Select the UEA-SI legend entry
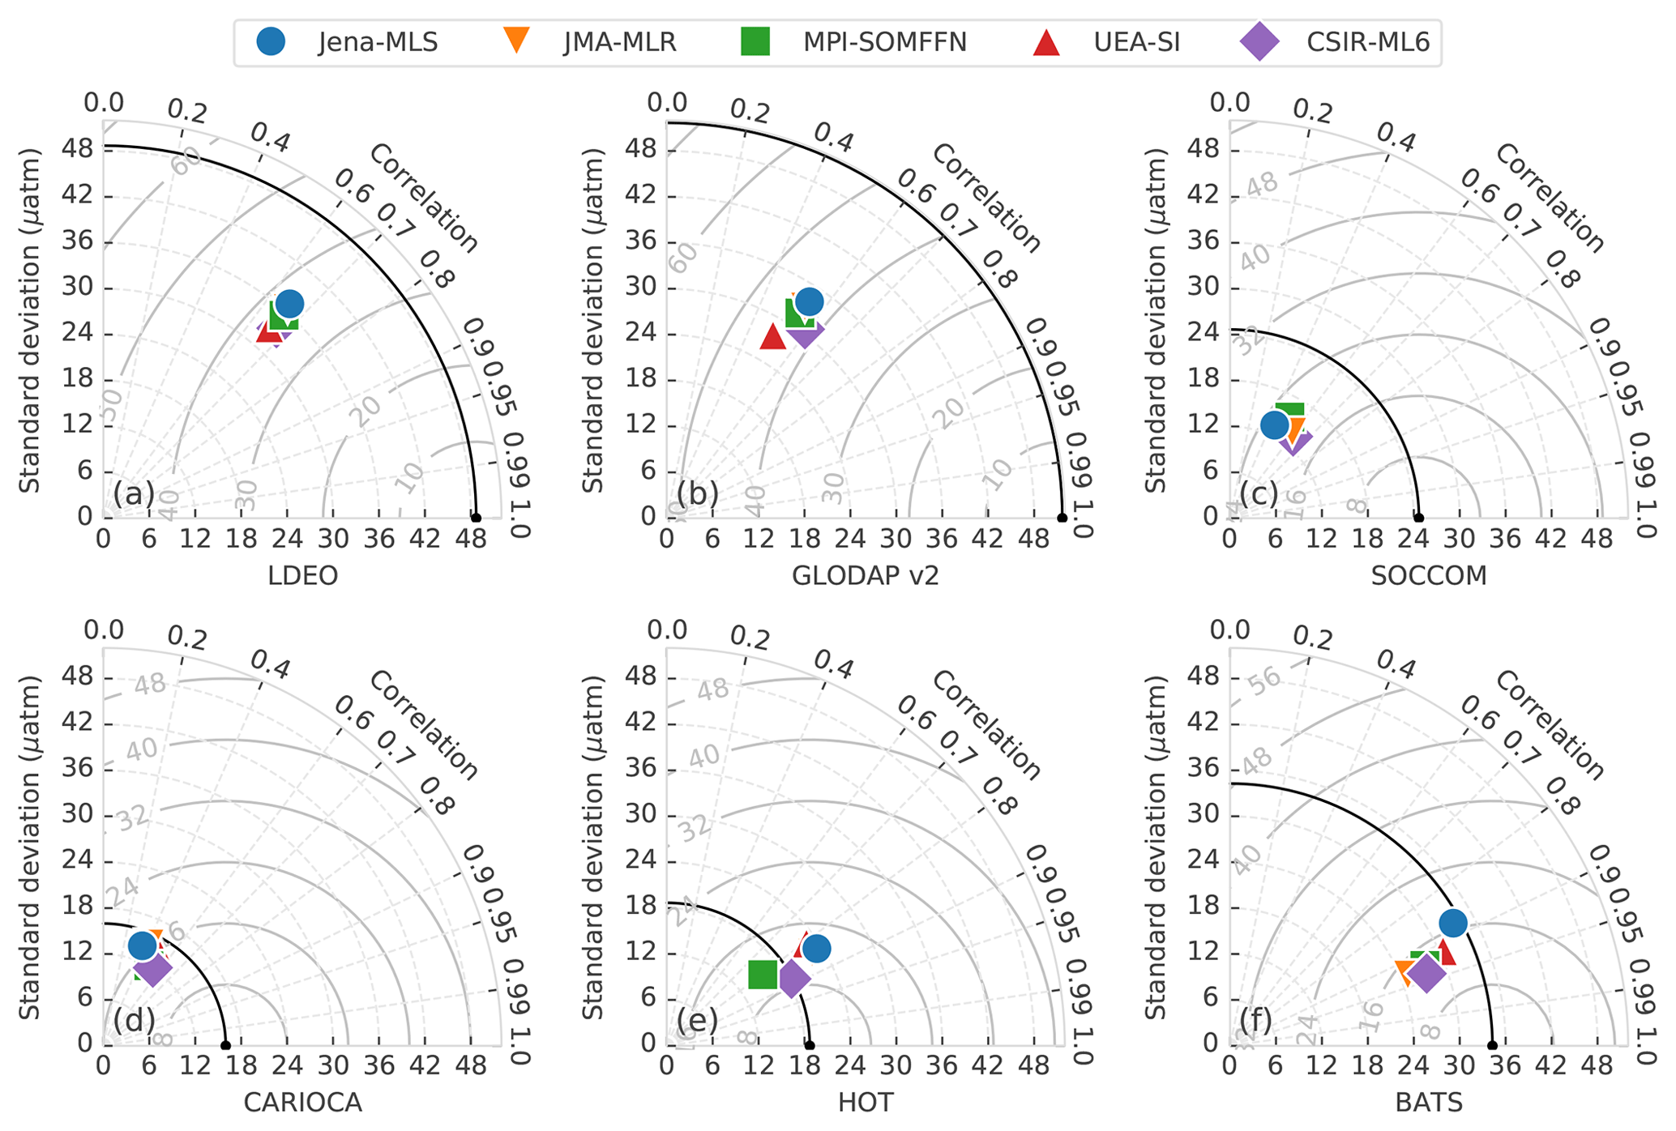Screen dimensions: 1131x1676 pyautogui.click(x=1107, y=41)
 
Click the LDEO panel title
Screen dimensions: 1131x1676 pyautogui.click(x=302, y=575)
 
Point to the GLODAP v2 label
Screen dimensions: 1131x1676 pyautogui.click(x=865, y=575)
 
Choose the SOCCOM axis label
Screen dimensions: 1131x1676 pyautogui.click(x=1429, y=575)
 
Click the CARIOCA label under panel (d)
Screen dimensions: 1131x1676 pyautogui.click(x=302, y=1103)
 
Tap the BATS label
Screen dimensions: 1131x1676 pyautogui.click(x=1429, y=1103)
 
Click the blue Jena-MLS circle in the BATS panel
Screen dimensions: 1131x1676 pyautogui.click(x=1452, y=923)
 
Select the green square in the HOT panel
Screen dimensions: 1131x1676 pyautogui.click(x=763, y=974)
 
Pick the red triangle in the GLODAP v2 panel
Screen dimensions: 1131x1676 pyautogui.click(x=773, y=336)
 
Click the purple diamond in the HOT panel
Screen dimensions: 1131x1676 pyautogui.click(x=793, y=978)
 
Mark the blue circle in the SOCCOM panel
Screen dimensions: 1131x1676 pyautogui.click(x=1274, y=424)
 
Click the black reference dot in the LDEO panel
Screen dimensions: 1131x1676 pyautogui.click(x=476, y=518)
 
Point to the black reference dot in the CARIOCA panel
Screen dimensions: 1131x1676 pyautogui.click(x=225, y=1045)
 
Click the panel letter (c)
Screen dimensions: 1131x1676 pyautogui.click(x=1259, y=493)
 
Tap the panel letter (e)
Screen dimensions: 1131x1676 pyautogui.click(x=698, y=1021)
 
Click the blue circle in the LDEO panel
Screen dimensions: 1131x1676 pyautogui.click(x=289, y=304)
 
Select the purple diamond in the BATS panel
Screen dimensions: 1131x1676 pyautogui.click(x=1426, y=973)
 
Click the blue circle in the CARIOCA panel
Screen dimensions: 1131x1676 pyautogui.click(x=143, y=945)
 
